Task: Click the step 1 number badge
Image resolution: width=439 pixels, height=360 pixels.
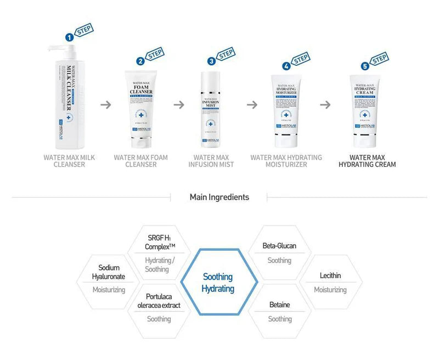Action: point(70,37)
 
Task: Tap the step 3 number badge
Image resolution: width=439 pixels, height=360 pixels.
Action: point(211,61)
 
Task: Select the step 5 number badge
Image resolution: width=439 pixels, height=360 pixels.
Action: point(365,66)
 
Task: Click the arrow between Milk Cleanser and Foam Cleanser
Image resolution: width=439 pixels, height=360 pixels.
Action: point(106,104)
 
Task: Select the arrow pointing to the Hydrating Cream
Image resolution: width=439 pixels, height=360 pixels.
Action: point(325,104)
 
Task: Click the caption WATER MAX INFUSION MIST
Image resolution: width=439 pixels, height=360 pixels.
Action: point(211,161)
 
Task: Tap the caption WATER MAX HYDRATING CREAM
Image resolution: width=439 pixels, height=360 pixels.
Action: point(367,161)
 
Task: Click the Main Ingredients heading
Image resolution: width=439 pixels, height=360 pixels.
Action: point(219,197)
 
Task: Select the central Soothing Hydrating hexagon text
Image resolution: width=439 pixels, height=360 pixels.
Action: point(218,283)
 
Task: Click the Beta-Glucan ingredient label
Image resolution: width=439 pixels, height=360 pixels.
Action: point(279,245)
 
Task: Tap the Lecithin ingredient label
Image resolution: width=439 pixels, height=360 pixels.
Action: point(330,275)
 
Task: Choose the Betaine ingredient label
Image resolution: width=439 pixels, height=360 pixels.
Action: point(279,305)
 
